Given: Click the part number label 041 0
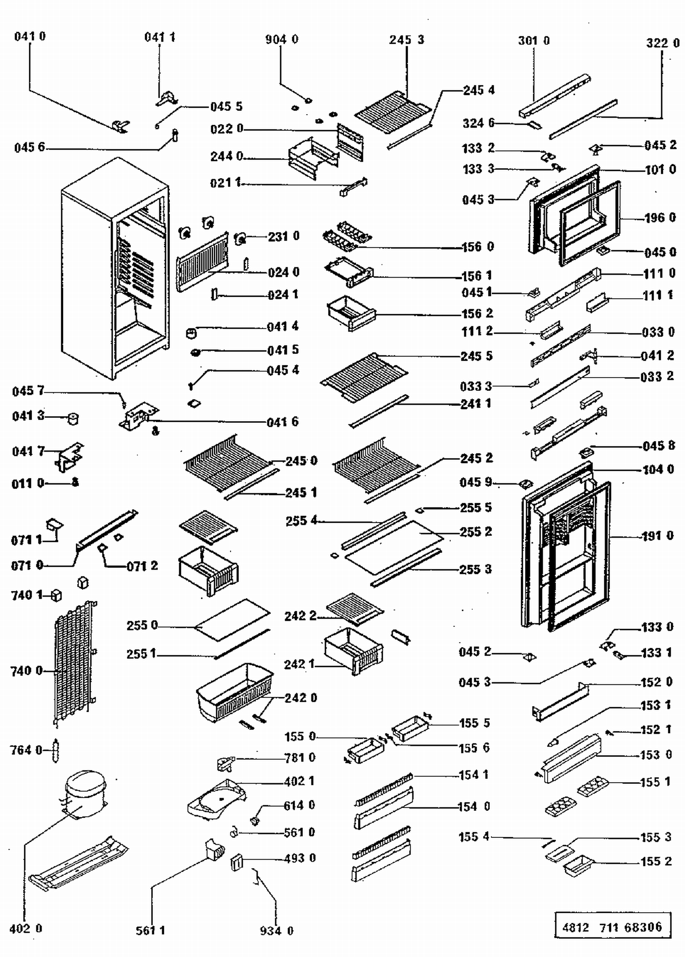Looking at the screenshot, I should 30,37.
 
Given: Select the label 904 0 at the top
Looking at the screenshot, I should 281,40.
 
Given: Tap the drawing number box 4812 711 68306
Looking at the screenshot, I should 612,927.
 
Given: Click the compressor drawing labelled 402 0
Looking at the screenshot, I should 85,792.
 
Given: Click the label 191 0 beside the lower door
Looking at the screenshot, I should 658,536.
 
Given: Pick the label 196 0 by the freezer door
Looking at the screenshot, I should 660,218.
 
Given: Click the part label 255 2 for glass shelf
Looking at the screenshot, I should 476,532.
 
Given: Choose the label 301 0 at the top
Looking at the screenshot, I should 533,41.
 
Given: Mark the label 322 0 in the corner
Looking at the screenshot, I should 662,43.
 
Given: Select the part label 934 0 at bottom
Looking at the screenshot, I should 276,931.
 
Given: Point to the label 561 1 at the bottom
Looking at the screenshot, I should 150,930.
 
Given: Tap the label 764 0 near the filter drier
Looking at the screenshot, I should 26,750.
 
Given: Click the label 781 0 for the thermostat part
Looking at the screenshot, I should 300,758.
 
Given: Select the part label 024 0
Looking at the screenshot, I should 284,273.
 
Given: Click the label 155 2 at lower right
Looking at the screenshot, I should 656,862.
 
